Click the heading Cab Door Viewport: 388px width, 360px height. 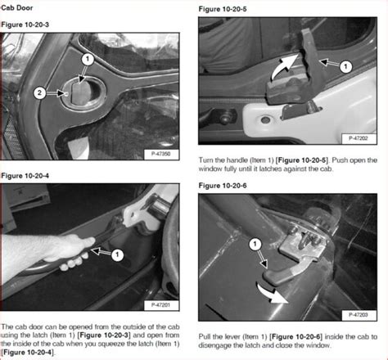click(x=16, y=7)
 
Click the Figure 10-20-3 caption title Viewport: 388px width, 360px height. click(x=25, y=25)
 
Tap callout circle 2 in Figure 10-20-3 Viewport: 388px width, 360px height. click(x=40, y=93)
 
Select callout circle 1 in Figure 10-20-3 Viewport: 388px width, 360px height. click(x=88, y=59)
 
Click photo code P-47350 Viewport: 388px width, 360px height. click(x=161, y=154)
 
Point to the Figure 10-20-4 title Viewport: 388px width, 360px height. click(x=25, y=176)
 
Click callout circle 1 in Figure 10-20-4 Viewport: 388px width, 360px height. click(x=117, y=255)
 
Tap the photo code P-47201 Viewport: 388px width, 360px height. click(x=161, y=305)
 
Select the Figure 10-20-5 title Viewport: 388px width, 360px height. click(x=223, y=9)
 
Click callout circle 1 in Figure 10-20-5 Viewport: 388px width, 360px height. click(x=345, y=66)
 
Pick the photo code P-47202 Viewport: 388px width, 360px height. click(x=359, y=138)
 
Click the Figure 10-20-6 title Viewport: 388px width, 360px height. click(x=223, y=186)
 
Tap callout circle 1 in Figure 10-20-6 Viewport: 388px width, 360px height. click(x=255, y=244)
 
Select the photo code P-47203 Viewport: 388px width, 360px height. click(x=359, y=315)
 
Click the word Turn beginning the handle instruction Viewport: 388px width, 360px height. click(x=205, y=160)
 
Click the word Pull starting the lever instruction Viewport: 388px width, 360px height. click(x=204, y=337)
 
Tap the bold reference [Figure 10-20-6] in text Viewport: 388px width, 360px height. click(x=296, y=337)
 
